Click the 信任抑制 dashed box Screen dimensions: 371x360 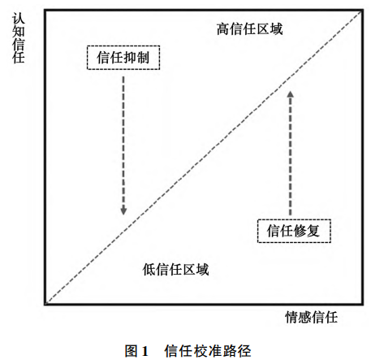pyautogui.click(x=123, y=46)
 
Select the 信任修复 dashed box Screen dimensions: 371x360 pyautogui.click(x=294, y=220)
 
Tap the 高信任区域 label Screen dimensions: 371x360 pyautogui.click(x=249, y=29)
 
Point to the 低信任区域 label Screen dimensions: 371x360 pyautogui.click(x=175, y=269)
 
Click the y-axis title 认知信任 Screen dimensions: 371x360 pyautogui.click(x=19, y=38)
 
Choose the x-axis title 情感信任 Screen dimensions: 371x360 pyautogui.click(x=312, y=317)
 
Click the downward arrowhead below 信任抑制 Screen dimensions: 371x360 pyautogui.click(x=123, y=210)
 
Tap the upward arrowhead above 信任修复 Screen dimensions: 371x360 pyautogui.click(x=291, y=94)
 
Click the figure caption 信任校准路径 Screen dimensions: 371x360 pyautogui.click(x=208, y=351)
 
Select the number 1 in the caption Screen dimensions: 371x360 pyautogui.click(x=145, y=351)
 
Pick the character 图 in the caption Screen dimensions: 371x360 pyautogui.click(x=132, y=351)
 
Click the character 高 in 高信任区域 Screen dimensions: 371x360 pyautogui.click(x=223, y=29)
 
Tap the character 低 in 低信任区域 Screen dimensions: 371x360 pyautogui.click(x=149, y=269)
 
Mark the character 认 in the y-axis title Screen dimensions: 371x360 pyautogui.click(x=19, y=19)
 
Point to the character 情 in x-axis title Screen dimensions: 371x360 pyautogui.click(x=291, y=317)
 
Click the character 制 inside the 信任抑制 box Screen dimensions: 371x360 pyautogui.click(x=143, y=58)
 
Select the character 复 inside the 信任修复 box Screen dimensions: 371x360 pyautogui.click(x=313, y=231)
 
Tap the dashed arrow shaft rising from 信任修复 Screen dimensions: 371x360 pyautogui.click(x=291, y=156)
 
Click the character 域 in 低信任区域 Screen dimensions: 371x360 pyautogui.click(x=202, y=269)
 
